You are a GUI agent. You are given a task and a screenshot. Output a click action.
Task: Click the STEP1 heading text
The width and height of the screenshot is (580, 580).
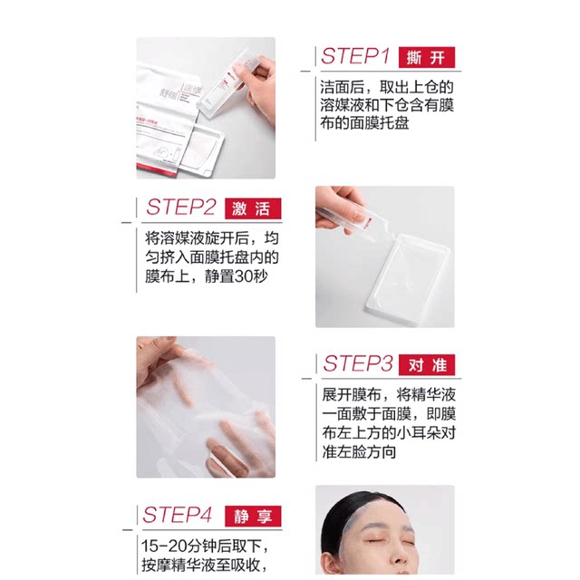[x=355, y=56]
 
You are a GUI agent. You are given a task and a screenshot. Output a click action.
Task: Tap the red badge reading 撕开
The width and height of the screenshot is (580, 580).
[x=427, y=57]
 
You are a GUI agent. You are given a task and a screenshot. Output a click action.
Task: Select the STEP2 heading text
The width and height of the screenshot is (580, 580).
[x=180, y=208]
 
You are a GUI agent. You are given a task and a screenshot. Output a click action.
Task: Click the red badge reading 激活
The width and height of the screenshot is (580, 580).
[x=253, y=208]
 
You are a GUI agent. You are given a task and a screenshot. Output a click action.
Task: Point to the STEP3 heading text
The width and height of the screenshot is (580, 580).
[x=357, y=363]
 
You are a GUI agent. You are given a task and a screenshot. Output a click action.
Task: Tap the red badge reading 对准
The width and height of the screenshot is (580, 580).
[x=427, y=364]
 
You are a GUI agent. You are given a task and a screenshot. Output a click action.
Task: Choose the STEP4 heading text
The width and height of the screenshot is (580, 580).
[x=177, y=515]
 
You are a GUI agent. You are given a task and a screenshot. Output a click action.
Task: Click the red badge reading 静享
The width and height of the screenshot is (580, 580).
[x=253, y=516]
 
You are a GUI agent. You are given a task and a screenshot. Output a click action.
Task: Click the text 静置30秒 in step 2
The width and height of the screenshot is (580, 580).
[x=236, y=276]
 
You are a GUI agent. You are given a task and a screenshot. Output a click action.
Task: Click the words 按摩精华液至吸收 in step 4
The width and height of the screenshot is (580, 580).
[x=200, y=565]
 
